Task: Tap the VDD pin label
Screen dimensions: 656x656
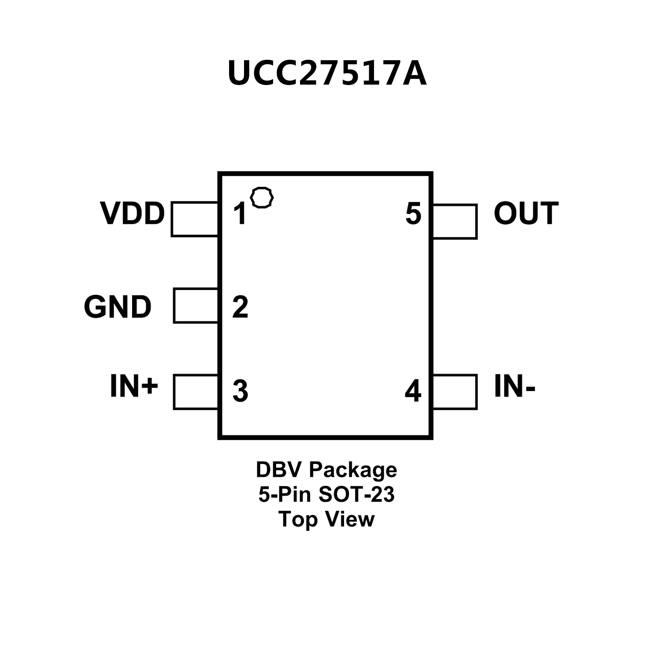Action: [x=132, y=213]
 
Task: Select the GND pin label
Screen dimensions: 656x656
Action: [x=118, y=307]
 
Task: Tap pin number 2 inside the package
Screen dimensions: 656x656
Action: [x=240, y=306]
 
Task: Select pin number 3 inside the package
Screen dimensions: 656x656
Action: [x=240, y=391]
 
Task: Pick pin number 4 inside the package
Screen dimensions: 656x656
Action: [x=413, y=391]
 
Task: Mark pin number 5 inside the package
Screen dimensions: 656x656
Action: [x=413, y=214]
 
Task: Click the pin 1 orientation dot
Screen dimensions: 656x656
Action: [x=262, y=197]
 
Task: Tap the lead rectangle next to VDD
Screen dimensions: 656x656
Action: [x=194, y=219]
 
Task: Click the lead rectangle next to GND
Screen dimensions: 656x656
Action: [x=196, y=306]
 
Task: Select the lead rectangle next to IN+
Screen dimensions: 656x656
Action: [x=196, y=392]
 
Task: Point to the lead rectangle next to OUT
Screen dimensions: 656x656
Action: [x=455, y=221]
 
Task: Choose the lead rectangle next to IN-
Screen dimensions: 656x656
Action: [x=455, y=392]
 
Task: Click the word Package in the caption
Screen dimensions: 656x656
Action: [x=353, y=470]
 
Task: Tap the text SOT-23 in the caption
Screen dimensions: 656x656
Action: [x=356, y=495]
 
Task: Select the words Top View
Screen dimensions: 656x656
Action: [x=327, y=519]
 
